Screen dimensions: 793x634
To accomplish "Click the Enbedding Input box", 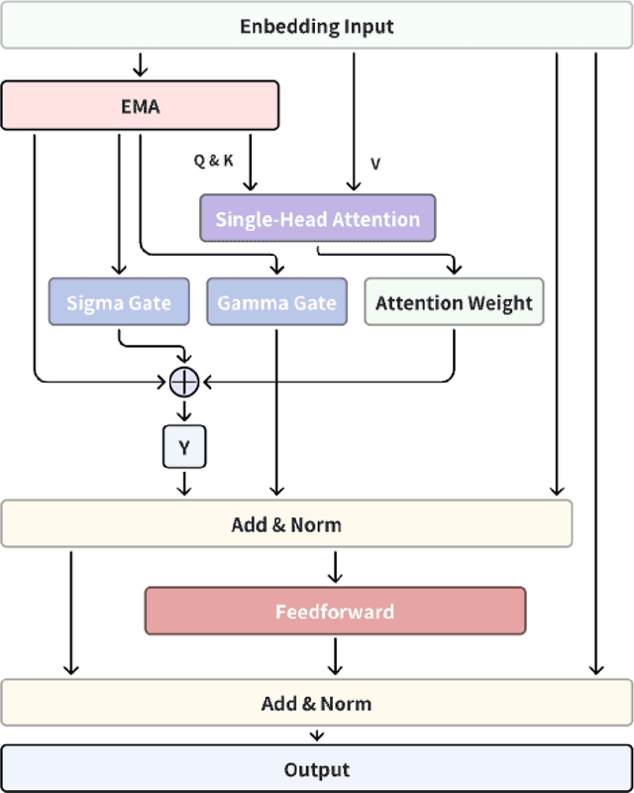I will pos(317,27).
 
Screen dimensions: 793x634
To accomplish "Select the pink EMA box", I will pos(140,105).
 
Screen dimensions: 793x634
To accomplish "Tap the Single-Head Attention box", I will pos(317,218).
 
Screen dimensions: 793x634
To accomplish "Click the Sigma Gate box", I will pos(119,302).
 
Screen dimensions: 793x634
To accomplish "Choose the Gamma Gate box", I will pos(277,302).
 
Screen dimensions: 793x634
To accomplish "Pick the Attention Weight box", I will pos(454,302).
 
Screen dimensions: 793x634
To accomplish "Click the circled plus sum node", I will pos(184,380).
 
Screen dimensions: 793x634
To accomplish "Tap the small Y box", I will pos(184,447).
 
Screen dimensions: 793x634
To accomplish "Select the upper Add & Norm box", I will pos(286,523).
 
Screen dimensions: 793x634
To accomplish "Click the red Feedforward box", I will pos(335,611).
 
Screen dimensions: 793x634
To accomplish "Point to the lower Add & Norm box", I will pos(317,704).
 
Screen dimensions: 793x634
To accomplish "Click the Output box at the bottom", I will pos(317,769).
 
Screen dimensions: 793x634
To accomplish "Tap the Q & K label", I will pos(214,161).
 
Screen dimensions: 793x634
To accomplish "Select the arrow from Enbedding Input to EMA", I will pos(140,64).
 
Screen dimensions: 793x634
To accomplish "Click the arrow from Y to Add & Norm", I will pos(184,484).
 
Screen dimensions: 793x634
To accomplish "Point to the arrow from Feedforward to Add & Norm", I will pos(335,657).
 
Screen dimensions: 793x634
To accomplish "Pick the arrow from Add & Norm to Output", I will pos(317,736).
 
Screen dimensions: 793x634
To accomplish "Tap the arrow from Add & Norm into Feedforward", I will pos(335,567).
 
